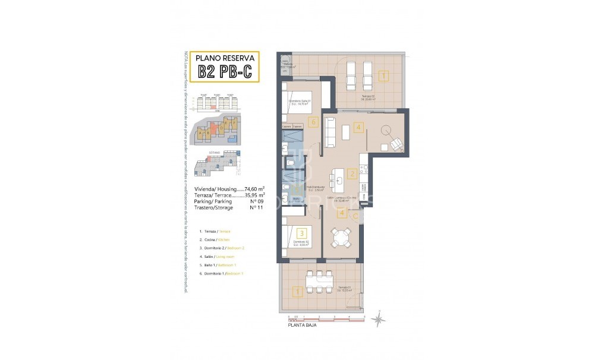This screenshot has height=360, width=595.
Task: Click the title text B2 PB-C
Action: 225,72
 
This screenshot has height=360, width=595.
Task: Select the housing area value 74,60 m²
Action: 251,188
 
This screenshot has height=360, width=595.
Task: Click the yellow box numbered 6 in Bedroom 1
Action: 314,122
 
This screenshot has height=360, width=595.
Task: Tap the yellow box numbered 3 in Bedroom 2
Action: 302,233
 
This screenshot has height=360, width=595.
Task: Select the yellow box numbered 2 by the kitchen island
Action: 352,174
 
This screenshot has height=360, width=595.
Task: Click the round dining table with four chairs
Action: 341,239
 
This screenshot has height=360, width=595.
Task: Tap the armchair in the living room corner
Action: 395,144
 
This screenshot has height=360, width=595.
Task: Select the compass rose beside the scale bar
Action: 378,320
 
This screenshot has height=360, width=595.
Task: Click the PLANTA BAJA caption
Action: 301,326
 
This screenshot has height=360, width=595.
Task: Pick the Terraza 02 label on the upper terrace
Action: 368,97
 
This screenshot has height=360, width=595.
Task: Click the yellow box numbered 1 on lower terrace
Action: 297,292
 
